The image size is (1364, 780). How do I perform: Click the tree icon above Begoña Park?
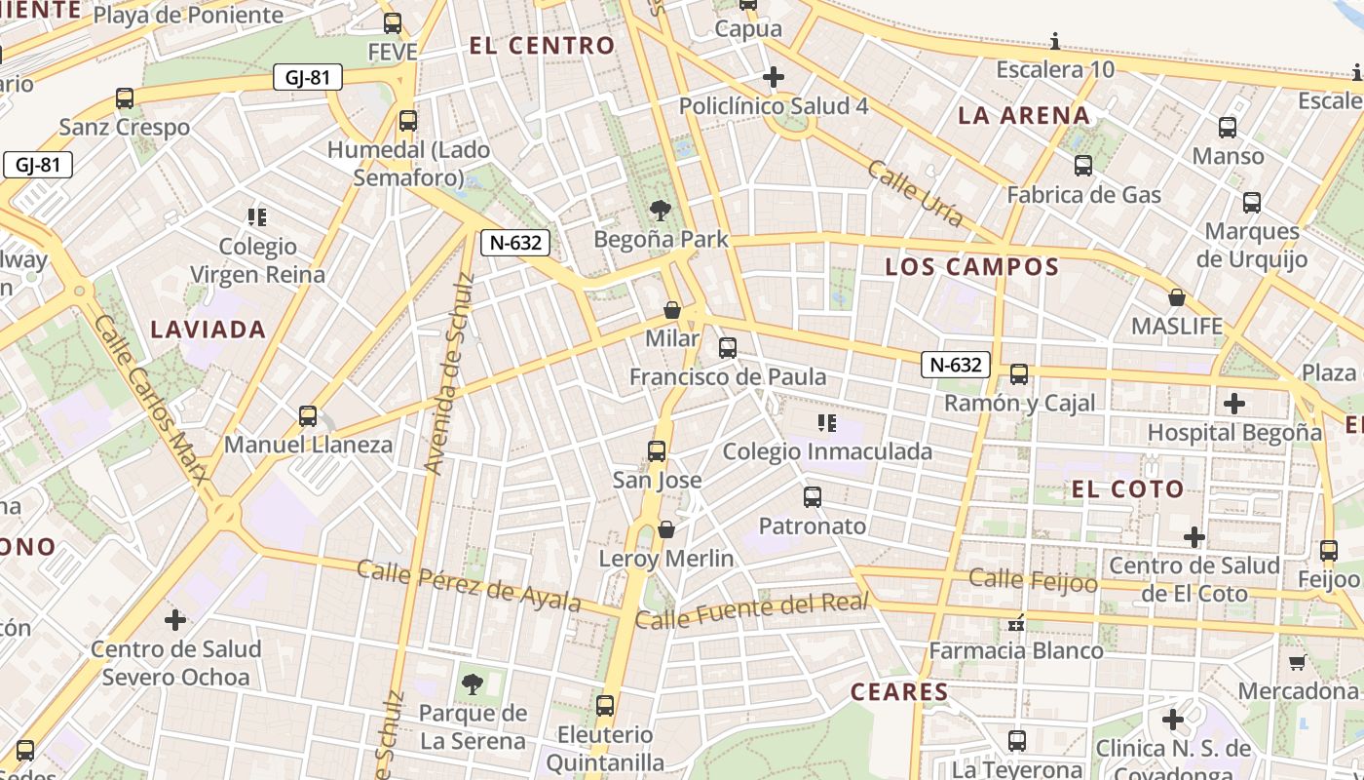[661, 210]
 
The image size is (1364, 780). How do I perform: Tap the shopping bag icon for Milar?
[672, 310]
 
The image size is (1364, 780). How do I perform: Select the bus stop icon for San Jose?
[657, 451]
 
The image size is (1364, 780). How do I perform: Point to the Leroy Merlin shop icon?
[666, 529]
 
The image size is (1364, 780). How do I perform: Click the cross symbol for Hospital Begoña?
[1234, 403]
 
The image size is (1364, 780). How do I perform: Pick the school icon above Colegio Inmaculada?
[827, 422]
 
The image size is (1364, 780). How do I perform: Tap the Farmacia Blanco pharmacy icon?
[1016, 621]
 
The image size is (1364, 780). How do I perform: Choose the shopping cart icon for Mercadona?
[1297, 662]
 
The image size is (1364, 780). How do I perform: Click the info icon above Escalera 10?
[1055, 41]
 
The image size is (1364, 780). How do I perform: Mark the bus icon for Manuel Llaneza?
[308, 416]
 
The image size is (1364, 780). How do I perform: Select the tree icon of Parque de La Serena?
[473, 683]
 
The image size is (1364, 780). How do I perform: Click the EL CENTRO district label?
[543, 46]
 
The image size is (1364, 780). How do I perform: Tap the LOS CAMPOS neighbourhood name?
[971, 267]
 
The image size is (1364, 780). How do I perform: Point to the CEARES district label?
[899, 692]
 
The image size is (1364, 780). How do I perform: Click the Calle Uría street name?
[915, 194]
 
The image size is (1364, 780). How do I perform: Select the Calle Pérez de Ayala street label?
[469, 585]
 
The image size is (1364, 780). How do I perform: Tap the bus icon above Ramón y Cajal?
[1019, 373]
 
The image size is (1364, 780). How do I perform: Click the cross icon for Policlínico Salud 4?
[774, 76]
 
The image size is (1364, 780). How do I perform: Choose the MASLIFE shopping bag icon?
[1177, 297]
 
